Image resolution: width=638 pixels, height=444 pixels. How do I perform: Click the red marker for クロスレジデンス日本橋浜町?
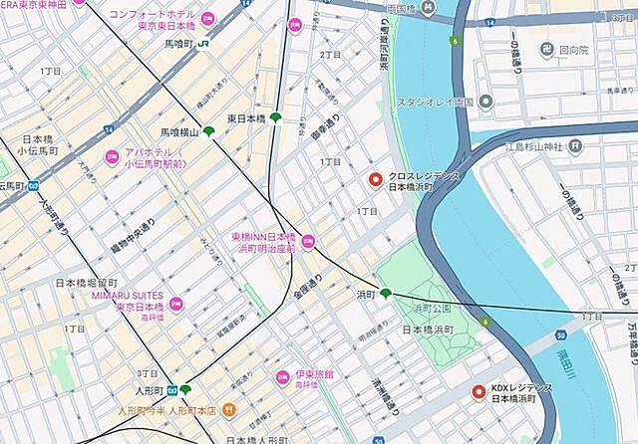[x=375, y=180]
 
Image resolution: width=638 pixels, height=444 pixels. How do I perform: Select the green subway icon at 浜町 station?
[x=385, y=293]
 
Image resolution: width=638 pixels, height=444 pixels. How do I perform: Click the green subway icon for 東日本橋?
[x=275, y=118]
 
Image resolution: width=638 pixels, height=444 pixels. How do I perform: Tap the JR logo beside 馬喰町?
[x=204, y=44]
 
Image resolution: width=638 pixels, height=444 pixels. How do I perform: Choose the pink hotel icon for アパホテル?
[x=113, y=157]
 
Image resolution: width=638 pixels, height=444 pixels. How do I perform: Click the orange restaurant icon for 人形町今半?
[x=228, y=408]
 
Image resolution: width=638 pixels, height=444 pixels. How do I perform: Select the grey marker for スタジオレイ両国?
[x=484, y=102]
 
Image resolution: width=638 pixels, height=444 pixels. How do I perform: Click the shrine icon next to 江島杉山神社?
[x=574, y=147]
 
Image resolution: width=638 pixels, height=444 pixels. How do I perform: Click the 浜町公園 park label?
[x=432, y=307]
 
